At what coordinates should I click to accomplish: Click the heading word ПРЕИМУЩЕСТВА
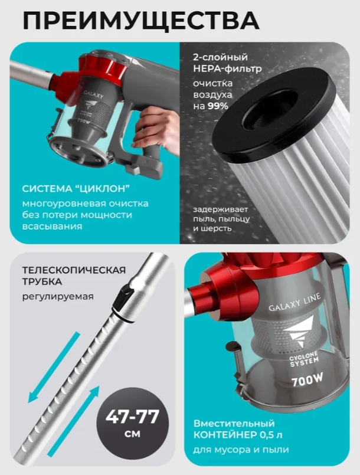click(x=141, y=20)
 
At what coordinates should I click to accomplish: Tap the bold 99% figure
click(x=218, y=106)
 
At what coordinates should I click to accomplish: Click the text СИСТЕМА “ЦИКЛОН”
click(x=76, y=188)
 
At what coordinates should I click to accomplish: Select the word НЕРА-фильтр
click(x=227, y=69)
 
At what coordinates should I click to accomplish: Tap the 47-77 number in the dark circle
click(x=132, y=417)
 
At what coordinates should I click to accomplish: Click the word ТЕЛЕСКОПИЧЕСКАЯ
click(x=74, y=270)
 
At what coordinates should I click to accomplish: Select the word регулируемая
click(x=58, y=296)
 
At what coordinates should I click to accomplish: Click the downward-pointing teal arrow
click(x=54, y=367)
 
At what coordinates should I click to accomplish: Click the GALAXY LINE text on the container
click(x=294, y=302)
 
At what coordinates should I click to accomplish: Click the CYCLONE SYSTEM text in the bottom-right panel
click(x=300, y=359)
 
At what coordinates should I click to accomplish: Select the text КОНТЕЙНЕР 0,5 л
click(x=238, y=435)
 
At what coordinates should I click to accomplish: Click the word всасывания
click(x=52, y=227)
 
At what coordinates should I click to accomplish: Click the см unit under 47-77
click(x=132, y=434)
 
